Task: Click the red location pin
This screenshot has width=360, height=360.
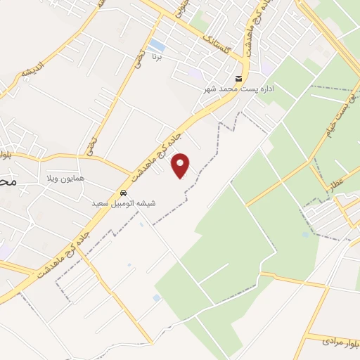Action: [x=181, y=165]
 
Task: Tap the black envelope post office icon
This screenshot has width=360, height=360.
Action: [x=240, y=78]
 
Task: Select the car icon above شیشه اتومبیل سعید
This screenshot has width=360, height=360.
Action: [x=123, y=192]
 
